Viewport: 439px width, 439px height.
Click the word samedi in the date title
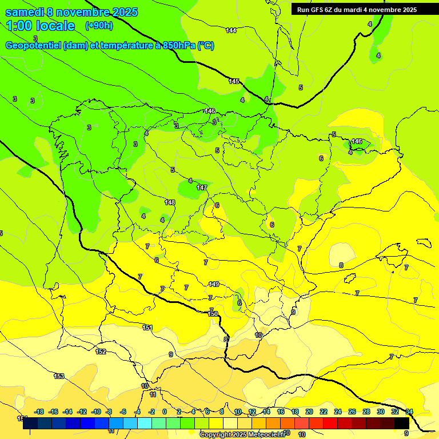[x=25, y=12]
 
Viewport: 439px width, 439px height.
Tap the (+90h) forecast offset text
[x=99, y=25]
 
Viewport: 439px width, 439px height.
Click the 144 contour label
[x=231, y=30]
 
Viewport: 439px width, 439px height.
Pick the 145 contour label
[x=234, y=81]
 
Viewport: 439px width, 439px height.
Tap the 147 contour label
[x=202, y=187]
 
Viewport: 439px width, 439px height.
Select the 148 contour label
[x=170, y=202]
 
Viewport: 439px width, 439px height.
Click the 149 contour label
[x=214, y=284]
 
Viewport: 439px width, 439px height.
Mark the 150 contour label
[x=213, y=314]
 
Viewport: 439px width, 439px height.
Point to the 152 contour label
[x=101, y=352]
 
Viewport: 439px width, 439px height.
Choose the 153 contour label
[x=59, y=376]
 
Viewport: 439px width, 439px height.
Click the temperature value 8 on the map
[x=341, y=265]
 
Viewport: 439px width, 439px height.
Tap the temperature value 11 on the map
[x=153, y=394]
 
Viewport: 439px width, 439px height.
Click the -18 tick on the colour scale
[x=39, y=412]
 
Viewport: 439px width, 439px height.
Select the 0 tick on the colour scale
[x=165, y=412]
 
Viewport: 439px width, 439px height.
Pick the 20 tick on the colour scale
[x=309, y=412]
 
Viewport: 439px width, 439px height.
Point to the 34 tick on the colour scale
[x=409, y=412]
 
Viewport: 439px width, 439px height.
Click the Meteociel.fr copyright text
[x=242, y=434]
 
